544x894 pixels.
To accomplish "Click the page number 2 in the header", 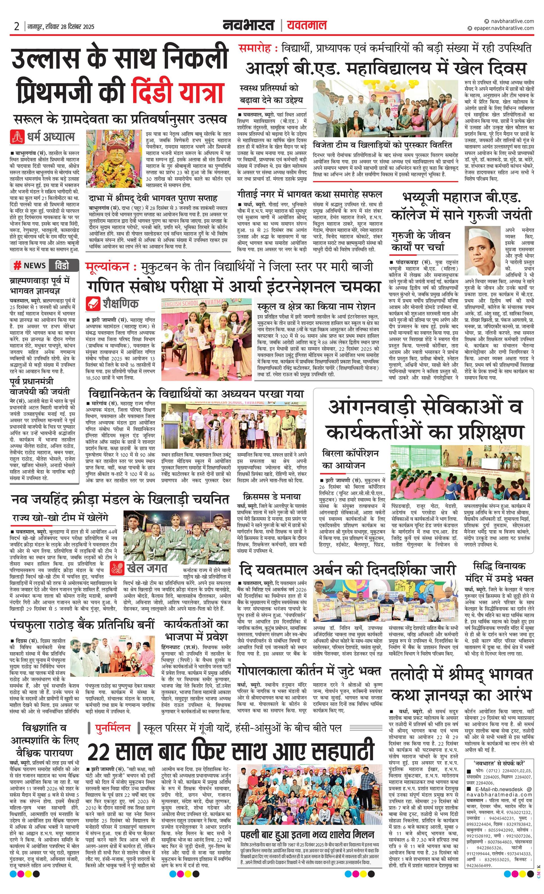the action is [17, 26].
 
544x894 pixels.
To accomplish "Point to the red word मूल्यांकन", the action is [108, 267].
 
